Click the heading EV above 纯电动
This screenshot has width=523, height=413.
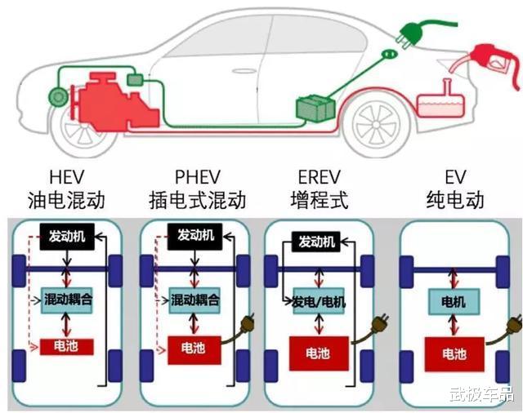coord(454,177)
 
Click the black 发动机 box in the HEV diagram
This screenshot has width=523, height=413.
coord(67,236)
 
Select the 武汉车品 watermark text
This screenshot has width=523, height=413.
coord(481,395)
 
